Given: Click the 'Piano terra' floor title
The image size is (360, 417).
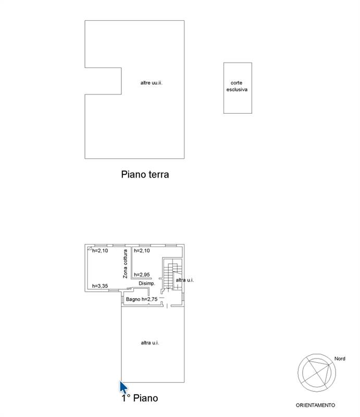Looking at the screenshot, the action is [x=145, y=175].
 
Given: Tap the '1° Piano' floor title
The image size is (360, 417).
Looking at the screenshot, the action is [x=140, y=398].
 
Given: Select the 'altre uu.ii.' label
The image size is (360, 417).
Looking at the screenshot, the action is [x=151, y=83].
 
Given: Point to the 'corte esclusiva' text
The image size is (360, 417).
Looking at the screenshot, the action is [x=237, y=86].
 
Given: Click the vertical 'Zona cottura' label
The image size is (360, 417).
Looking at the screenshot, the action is [x=125, y=264].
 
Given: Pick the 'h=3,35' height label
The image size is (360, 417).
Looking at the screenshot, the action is [x=100, y=286].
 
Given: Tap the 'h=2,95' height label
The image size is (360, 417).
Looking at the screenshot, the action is [x=142, y=275].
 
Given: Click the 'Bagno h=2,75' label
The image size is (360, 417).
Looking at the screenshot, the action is [x=142, y=299].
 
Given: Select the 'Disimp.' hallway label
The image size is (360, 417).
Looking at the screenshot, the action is [x=147, y=284].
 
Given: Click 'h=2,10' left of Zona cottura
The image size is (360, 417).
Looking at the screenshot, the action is [x=100, y=251].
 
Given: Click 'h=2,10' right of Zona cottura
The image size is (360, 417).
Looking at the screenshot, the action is [x=142, y=251].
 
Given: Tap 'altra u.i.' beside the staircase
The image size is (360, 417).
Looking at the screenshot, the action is [x=185, y=280].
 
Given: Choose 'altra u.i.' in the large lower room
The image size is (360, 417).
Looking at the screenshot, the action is [x=150, y=343].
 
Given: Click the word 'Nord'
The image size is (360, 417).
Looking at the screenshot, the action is [x=340, y=359].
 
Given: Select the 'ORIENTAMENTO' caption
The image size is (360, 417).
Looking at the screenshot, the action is [x=315, y=406].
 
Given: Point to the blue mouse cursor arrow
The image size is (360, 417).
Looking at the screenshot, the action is [x=123, y=387].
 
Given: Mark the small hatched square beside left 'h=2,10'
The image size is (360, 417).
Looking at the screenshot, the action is [x=90, y=249].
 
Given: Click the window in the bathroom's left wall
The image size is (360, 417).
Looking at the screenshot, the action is [x=122, y=299].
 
